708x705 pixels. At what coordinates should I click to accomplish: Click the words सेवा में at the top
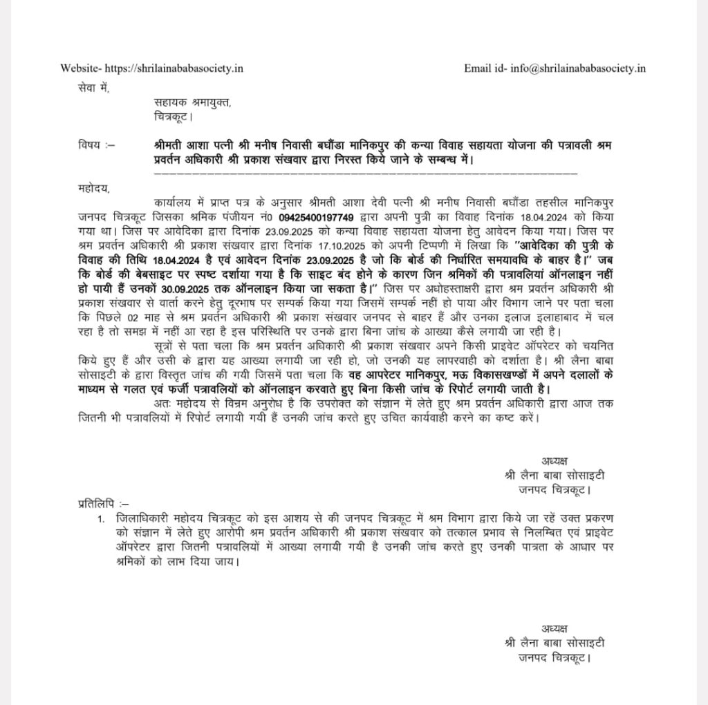point(93,88)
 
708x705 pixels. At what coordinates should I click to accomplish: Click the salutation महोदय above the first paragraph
point(94,187)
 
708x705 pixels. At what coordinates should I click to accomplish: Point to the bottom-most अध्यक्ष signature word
point(555,628)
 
